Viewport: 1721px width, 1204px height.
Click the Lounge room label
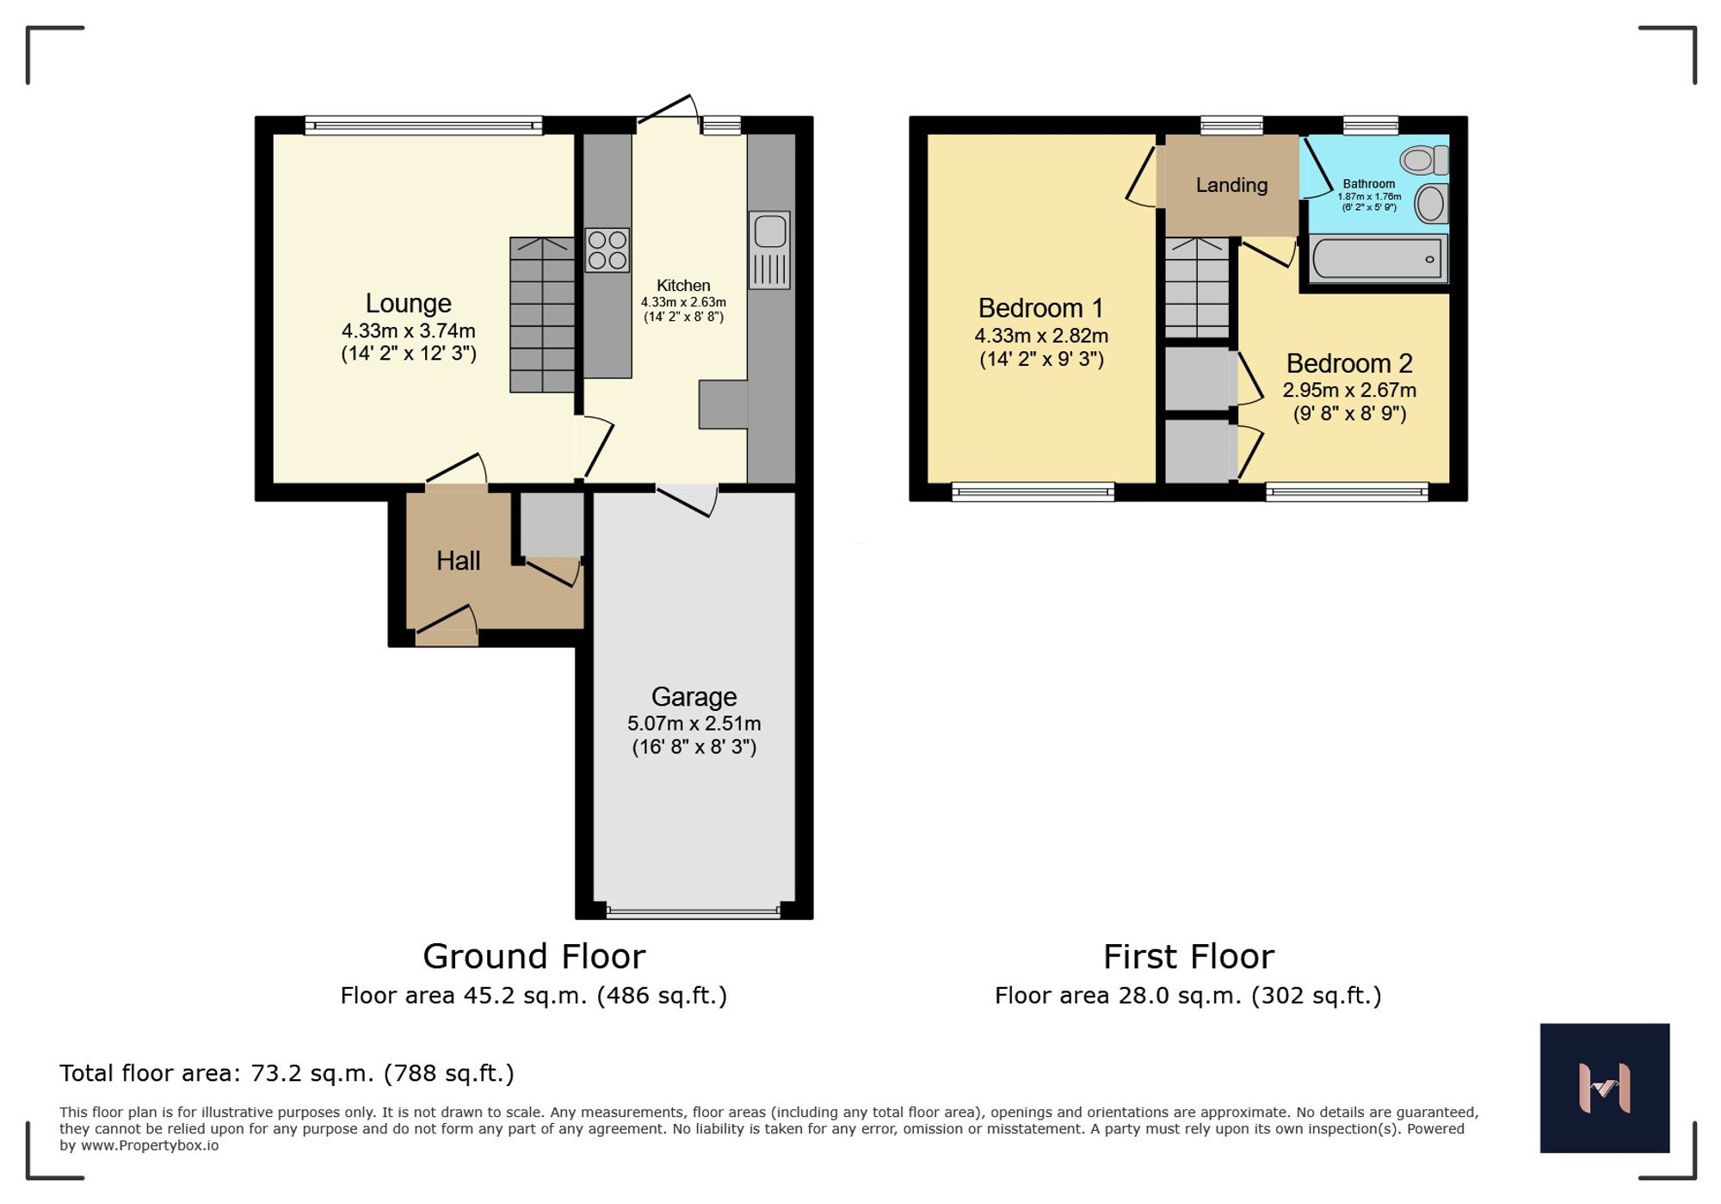(x=408, y=303)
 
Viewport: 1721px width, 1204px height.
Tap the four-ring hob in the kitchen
(x=607, y=250)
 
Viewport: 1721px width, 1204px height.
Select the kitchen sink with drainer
(x=769, y=250)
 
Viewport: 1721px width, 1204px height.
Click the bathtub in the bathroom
(x=1378, y=259)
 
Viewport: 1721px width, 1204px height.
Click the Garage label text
(x=694, y=696)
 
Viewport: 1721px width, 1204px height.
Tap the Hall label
(x=458, y=561)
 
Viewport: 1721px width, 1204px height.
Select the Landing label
(x=1231, y=185)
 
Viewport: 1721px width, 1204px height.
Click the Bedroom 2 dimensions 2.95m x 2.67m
(x=1349, y=390)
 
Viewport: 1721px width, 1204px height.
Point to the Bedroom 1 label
(x=1040, y=308)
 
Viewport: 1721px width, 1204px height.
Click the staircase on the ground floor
(x=542, y=315)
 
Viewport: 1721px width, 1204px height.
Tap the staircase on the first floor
(x=1197, y=288)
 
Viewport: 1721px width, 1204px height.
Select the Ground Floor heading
(x=534, y=956)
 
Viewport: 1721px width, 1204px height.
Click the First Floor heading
(x=1188, y=956)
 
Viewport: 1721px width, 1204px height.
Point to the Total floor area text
(x=287, y=1073)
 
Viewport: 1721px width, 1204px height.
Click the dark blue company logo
(x=1604, y=1088)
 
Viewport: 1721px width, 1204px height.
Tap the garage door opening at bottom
(x=694, y=911)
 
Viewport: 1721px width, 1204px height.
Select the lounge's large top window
(x=423, y=127)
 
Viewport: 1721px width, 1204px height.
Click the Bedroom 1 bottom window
(x=1033, y=492)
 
